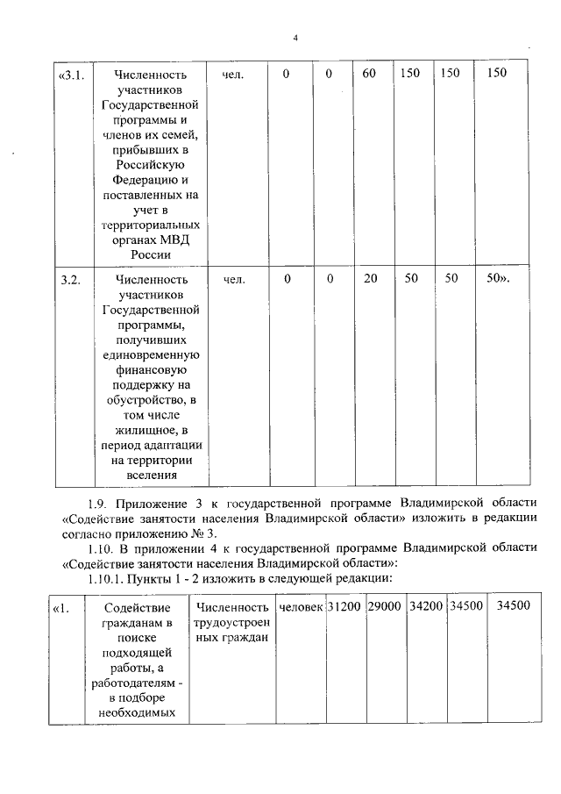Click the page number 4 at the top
[x=295, y=38]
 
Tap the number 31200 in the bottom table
[x=344, y=606]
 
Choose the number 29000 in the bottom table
[x=384, y=606]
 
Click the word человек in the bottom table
[x=300, y=606]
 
